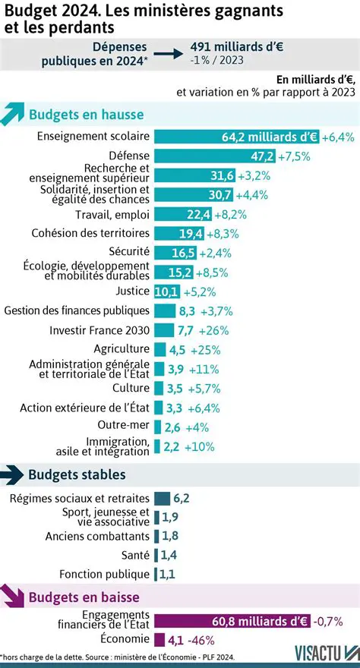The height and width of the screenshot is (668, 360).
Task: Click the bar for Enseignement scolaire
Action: pos(236,137)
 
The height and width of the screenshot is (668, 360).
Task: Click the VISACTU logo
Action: pos(326,653)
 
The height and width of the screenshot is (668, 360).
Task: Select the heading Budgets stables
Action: pos(77,474)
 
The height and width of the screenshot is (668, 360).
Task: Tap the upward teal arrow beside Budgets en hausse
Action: pos(13,115)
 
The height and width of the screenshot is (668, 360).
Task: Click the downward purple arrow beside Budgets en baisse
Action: pos(13,597)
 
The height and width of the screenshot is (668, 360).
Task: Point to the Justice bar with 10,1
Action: pos(166,291)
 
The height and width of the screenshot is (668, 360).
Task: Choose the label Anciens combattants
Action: pos(97,536)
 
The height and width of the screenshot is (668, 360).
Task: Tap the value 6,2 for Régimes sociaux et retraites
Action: pos(181,498)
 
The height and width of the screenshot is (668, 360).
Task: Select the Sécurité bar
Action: pos(172,252)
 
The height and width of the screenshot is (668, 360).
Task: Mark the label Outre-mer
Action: pos(124,425)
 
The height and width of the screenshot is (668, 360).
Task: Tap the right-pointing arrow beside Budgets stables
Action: pos(13,475)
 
